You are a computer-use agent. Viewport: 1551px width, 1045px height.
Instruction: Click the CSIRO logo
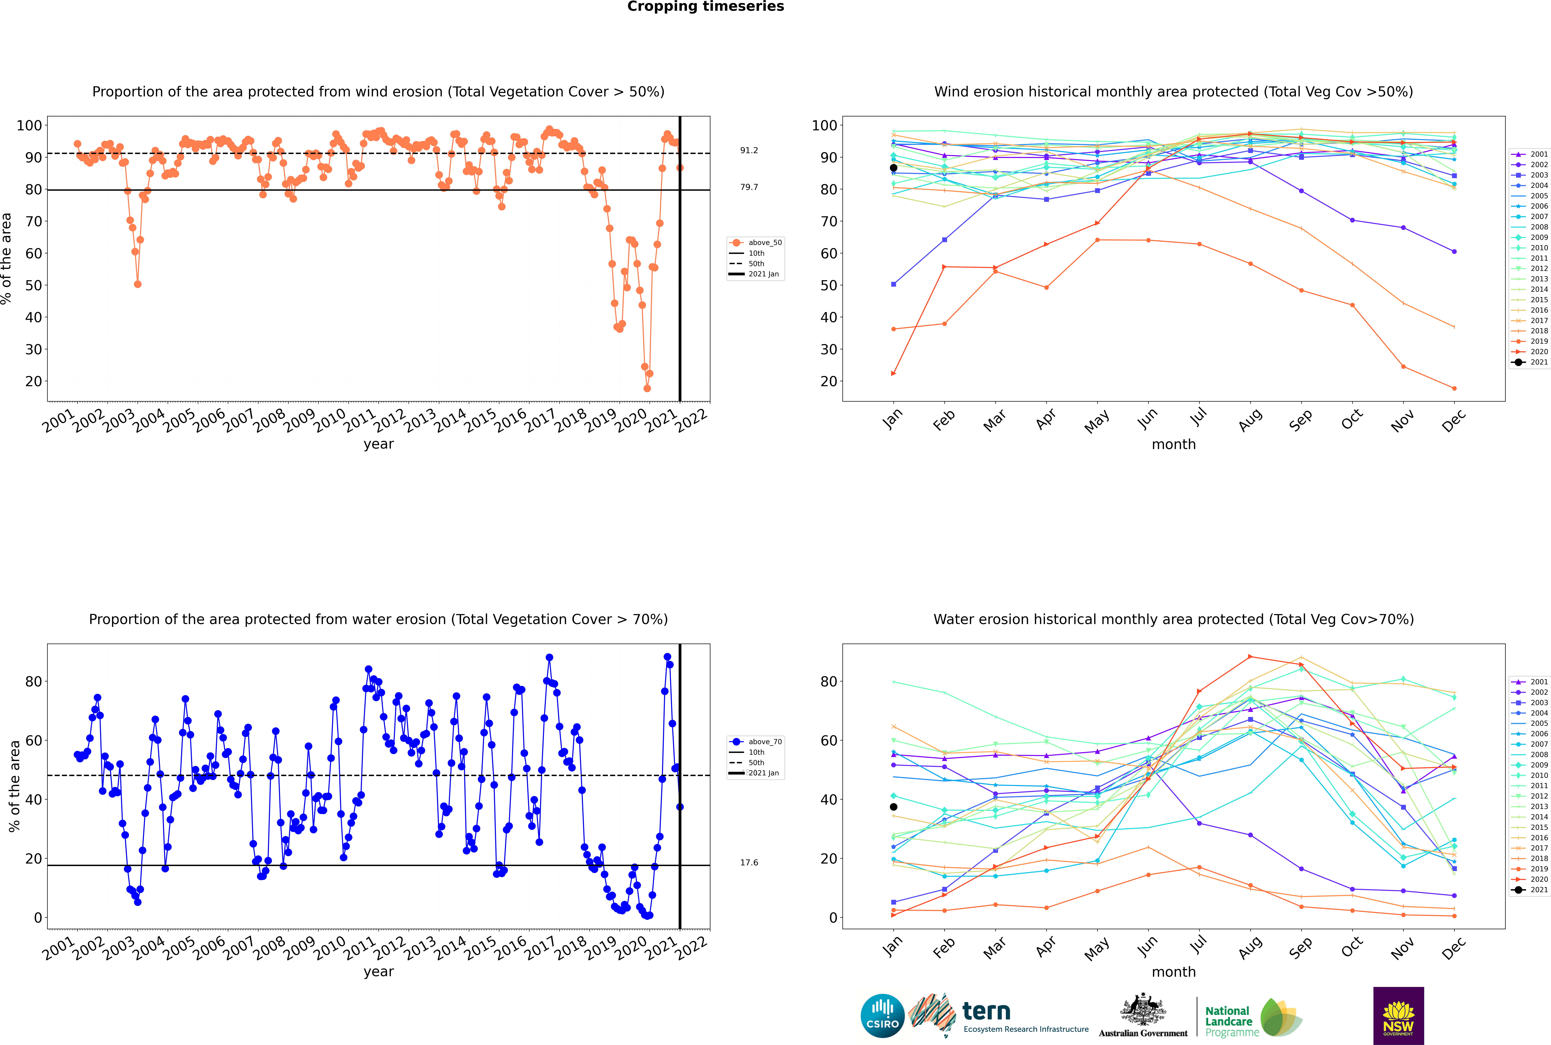[x=882, y=1016]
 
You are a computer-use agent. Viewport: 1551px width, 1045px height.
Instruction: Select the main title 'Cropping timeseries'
[x=705, y=7]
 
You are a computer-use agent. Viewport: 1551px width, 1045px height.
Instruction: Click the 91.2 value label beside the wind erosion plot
[x=749, y=151]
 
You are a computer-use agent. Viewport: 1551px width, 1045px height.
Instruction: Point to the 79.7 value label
[x=749, y=187]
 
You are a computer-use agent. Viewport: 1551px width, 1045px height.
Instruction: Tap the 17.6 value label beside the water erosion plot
[x=749, y=862]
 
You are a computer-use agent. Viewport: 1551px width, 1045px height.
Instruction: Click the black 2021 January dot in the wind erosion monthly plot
[x=894, y=168]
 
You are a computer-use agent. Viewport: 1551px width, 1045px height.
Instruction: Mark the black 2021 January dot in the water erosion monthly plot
[x=894, y=807]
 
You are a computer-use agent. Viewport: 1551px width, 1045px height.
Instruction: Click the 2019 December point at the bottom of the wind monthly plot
[x=1454, y=389]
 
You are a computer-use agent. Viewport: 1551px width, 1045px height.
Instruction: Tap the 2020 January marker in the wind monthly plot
[x=894, y=374]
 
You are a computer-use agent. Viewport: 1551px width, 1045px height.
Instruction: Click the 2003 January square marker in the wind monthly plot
[x=894, y=285]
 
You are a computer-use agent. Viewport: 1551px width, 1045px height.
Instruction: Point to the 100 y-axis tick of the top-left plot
[x=29, y=125]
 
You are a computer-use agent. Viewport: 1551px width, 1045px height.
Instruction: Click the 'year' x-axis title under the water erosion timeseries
[x=379, y=972]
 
